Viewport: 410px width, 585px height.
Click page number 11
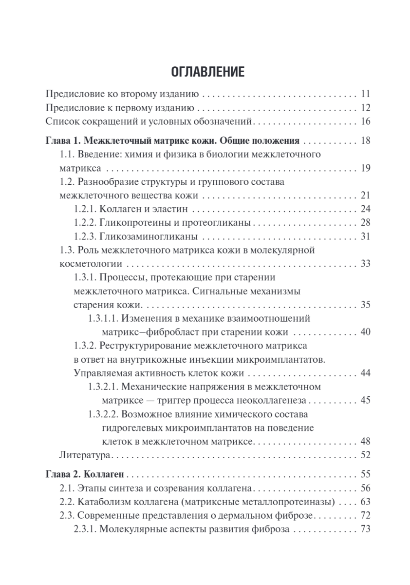click(x=366, y=94)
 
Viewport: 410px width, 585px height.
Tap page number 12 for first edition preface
click(x=366, y=108)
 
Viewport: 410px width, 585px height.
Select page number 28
click(x=366, y=223)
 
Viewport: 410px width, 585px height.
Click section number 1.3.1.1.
click(x=103, y=318)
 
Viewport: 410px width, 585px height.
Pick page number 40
click(x=366, y=332)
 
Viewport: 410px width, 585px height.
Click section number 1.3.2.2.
click(x=103, y=414)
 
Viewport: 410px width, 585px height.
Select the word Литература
click(x=85, y=455)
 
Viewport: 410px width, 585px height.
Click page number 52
click(x=366, y=455)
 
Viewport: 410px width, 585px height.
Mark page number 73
click(x=366, y=529)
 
